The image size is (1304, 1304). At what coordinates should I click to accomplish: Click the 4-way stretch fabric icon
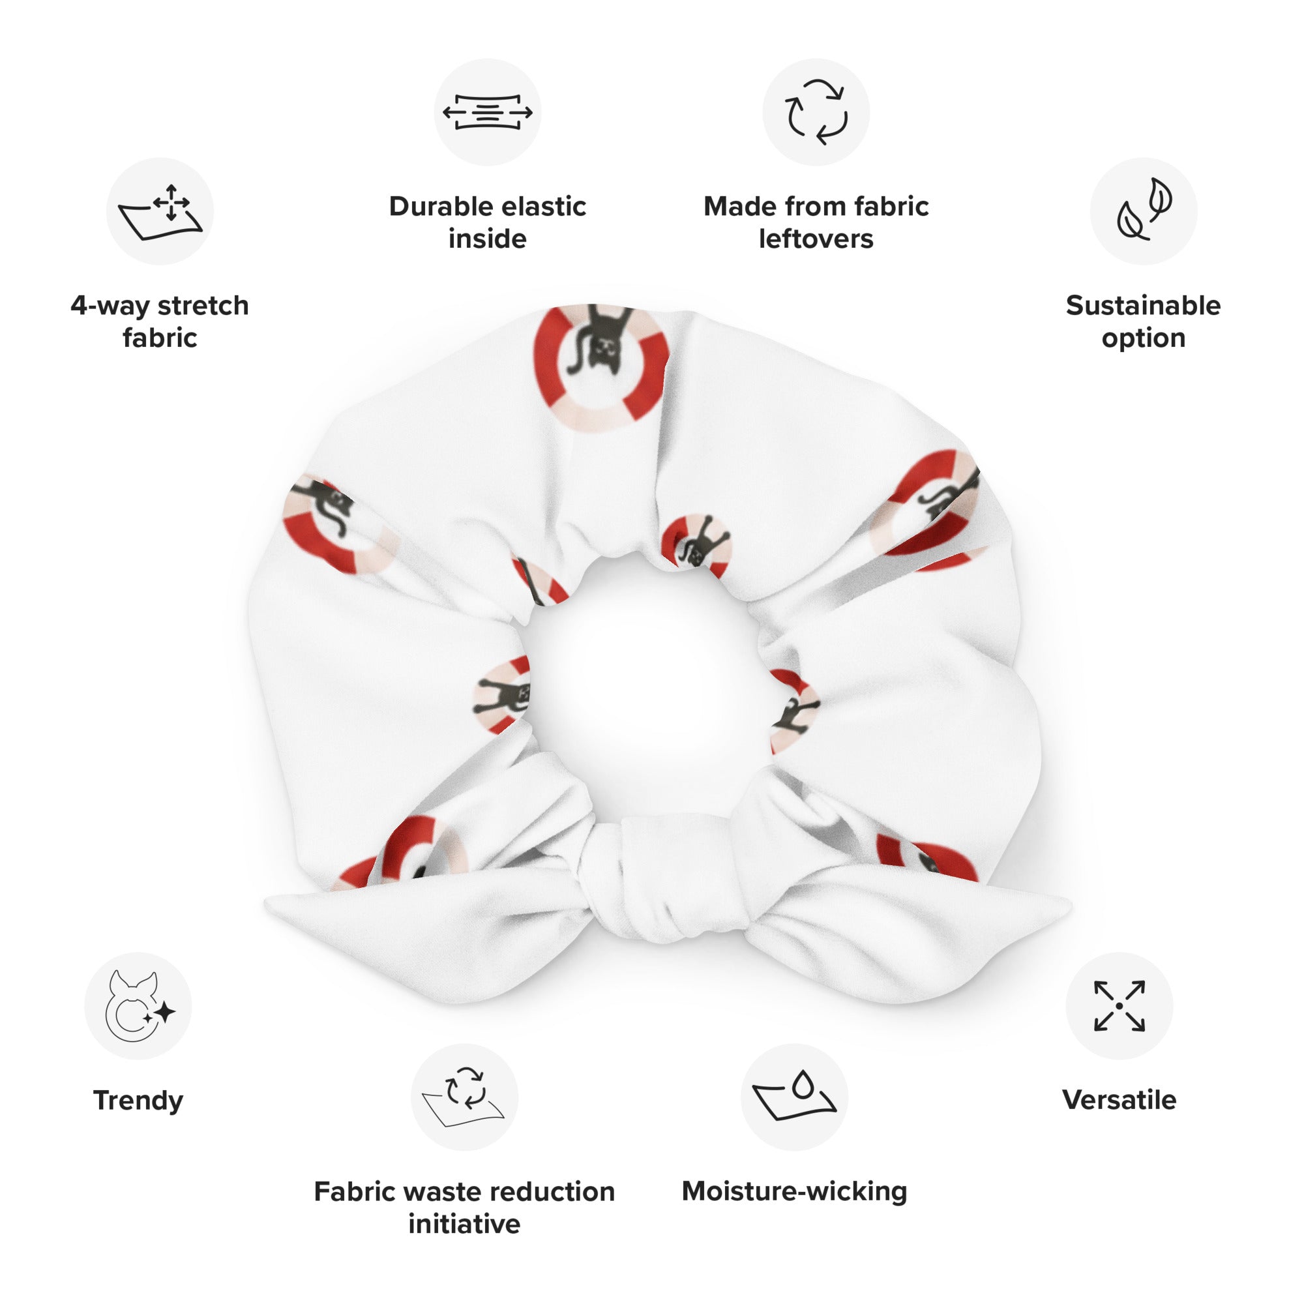(x=160, y=211)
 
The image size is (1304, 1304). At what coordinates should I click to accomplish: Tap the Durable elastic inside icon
(x=487, y=112)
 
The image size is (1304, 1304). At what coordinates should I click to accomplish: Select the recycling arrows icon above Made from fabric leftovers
(x=816, y=112)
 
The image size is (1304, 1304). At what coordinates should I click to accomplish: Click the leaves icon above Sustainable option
(x=1144, y=210)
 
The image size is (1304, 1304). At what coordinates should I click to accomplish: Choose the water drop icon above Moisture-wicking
(x=794, y=1095)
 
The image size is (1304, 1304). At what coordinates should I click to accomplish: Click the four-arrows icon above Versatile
(x=1119, y=1005)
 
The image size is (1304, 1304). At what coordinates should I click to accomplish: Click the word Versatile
(x=1119, y=1100)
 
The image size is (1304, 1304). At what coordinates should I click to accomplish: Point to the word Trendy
(x=138, y=1101)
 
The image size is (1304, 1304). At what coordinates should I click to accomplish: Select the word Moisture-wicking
(x=794, y=1191)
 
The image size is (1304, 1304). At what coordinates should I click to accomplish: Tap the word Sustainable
(x=1144, y=306)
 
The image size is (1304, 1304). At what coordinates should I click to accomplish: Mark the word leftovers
(x=816, y=239)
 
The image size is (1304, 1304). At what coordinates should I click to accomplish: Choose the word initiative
(x=464, y=1224)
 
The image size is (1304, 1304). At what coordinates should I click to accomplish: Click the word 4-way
(x=111, y=306)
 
